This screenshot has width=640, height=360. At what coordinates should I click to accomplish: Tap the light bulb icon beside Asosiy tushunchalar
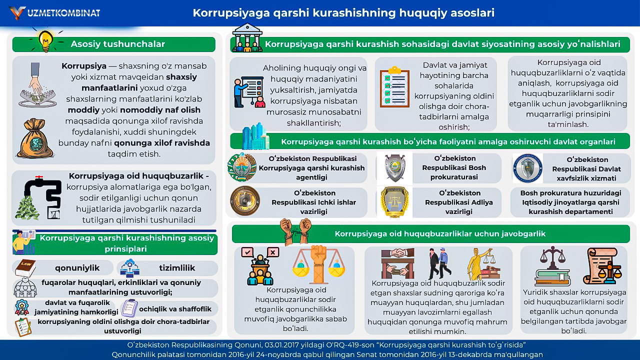(45, 40)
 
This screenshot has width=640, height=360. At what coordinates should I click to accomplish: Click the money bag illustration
(34, 138)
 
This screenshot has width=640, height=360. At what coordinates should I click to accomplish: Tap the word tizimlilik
(176, 267)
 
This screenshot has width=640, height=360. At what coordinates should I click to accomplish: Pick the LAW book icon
(25, 267)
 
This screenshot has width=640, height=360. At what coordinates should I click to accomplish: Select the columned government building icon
(247, 37)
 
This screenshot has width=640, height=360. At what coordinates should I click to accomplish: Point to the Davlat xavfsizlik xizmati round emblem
(527, 168)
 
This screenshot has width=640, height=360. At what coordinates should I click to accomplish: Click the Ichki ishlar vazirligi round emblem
(244, 201)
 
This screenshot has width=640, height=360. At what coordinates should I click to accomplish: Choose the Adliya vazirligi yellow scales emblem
(394, 201)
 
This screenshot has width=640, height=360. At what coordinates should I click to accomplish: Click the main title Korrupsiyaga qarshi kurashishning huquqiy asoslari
(343, 13)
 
